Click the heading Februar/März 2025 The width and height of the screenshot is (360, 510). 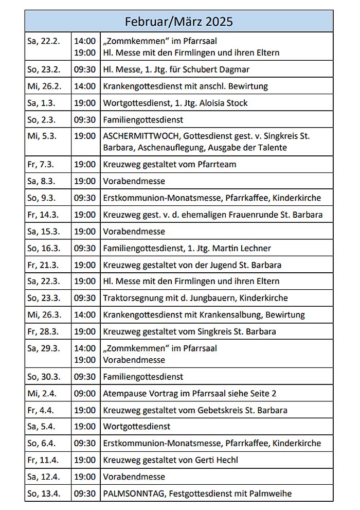tap(178, 21)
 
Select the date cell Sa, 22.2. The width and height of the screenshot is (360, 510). tap(41, 41)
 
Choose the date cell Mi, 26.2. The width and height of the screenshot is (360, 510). tap(42, 86)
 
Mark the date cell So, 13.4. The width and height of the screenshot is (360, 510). tap(43, 494)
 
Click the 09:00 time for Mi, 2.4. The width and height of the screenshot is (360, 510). tap(84, 394)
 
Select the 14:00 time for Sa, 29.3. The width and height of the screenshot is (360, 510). tap(84, 348)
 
